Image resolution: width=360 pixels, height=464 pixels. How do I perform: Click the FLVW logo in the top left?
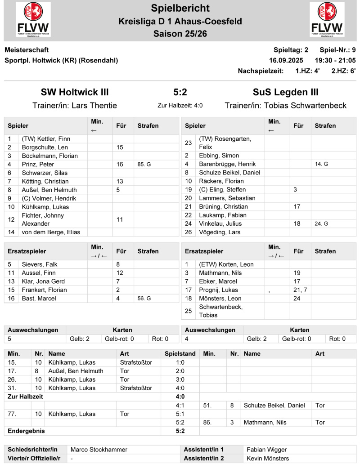tap(33, 19)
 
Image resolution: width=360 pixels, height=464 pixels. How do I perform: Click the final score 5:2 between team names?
tap(180, 92)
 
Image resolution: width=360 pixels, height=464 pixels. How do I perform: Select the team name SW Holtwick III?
tap(75, 92)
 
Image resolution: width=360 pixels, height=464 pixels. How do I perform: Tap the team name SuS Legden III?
tap(285, 92)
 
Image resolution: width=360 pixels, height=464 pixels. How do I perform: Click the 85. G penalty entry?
tap(144, 165)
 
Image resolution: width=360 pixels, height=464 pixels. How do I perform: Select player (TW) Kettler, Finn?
tap(46, 139)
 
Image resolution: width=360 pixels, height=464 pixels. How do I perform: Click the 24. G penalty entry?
tap(321, 223)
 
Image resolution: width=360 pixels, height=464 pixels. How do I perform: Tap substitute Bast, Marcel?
tap(39, 298)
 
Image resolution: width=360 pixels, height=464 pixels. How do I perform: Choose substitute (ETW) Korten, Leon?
tap(226, 264)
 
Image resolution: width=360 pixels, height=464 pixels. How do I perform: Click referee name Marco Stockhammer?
tap(99, 450)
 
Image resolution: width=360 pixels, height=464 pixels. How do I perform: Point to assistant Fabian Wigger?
tap(267, 450)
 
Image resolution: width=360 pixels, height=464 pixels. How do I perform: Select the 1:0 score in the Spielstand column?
tap(180, 362)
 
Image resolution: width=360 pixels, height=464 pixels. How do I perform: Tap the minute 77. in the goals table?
tap(13, 414)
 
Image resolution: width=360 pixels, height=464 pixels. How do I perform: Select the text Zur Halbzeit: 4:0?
tap(180, 106)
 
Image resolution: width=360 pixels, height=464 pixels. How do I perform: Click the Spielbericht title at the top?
tap(180, 8)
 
